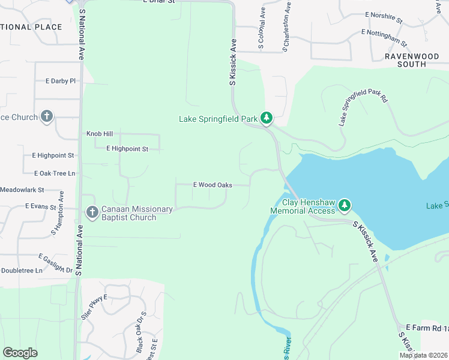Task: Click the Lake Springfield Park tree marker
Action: click(x=267, y=118)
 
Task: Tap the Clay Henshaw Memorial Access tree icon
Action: click(x=344, y=206)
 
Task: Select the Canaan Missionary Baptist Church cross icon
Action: click(x=92, y=212)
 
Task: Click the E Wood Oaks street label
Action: click(x=212, y=185)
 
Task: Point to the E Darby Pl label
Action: click(x=61, y=80)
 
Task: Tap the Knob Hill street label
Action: click(x=99, y=134)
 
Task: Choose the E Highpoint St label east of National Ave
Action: click(x=127, y=148)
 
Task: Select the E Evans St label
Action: click(x=40, y=206)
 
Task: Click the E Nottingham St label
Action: click(x=384, y=38)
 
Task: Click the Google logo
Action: click(x=20, y=353)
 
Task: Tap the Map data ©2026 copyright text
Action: click(x=423, y=355)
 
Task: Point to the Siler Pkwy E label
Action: click(x=94, y=307)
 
